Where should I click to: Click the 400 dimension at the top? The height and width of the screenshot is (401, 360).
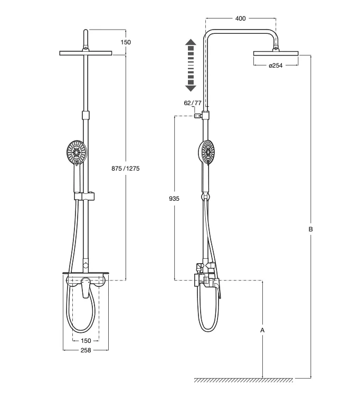tap(240, 18)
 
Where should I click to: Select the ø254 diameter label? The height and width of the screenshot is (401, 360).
tap(276, 66)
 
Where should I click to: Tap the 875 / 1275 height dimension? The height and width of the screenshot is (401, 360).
tap(125, 168)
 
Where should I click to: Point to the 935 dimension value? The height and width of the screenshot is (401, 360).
tap(175, 199)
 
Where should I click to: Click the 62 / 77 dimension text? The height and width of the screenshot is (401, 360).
tap(193, 103)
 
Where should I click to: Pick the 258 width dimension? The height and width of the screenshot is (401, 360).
tap(86, 350)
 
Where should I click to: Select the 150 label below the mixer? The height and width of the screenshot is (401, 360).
tap(86, 341)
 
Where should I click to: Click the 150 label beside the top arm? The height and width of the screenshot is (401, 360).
tap(126, 42)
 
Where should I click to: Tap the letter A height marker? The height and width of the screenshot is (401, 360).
tap(262, 330)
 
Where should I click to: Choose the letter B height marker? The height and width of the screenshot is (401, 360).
tap(311, 229)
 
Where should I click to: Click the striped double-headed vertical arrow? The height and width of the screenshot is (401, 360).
tap(191, 65)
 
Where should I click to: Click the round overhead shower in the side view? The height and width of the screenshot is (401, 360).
tap(276, 53)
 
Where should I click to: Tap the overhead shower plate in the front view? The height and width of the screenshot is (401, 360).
tap(86, 53)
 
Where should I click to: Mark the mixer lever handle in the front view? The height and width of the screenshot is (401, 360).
tap(85, 290)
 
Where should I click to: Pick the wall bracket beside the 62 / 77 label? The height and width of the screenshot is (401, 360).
tap(198, 115)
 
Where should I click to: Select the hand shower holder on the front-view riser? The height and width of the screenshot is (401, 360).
tap(86, 197)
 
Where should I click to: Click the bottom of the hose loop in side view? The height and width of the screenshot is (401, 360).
tap(206, 330)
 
